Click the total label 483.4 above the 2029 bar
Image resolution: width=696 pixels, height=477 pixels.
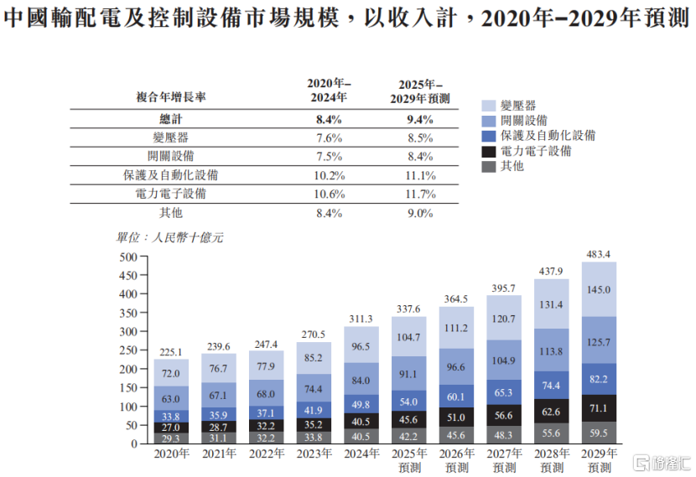point(599,253)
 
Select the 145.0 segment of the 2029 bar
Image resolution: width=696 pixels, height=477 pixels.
point(599,289)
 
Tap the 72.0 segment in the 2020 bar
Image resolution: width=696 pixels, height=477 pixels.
point(171,371)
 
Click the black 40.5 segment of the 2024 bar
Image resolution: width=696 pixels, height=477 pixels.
point(361,422)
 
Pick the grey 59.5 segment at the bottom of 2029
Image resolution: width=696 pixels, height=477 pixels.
point(599,433)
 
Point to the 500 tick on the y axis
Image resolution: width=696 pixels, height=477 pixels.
point(127,257)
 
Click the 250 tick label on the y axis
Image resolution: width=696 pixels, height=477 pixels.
point(127,350)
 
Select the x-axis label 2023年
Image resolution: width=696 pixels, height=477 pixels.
point(313,454)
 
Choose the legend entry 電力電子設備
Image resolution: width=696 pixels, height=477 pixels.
point(536,151)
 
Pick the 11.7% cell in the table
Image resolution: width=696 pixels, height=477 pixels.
point(420,194)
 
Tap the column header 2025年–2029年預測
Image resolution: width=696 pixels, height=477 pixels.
point(420,91)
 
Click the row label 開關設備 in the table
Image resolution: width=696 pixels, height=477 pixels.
point(170,157)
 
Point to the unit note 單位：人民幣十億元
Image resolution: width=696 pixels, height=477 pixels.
point(170,237)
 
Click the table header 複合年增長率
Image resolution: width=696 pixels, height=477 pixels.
point(170,97)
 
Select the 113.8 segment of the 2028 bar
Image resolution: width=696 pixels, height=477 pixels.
point(552,351)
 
